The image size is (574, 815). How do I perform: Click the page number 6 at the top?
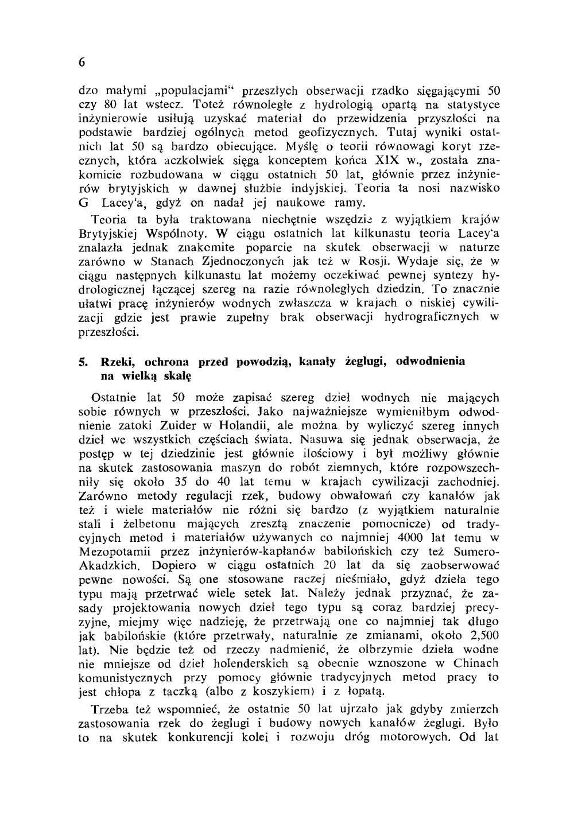pyautogui.click(x=83, y=62)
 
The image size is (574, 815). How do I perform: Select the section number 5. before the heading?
pyautogui.click(x=83, y=362)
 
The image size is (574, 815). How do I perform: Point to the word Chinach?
pyautogui.click(x=476, y=663)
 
